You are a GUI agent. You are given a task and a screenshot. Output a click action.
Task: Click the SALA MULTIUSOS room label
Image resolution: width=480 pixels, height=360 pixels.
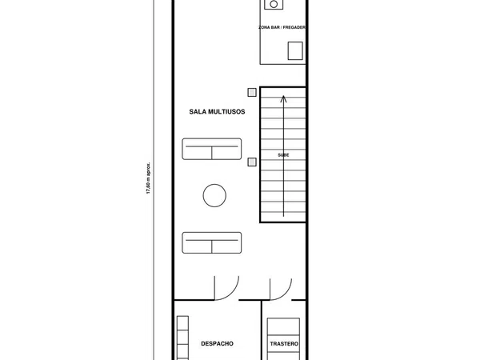pos(217,112)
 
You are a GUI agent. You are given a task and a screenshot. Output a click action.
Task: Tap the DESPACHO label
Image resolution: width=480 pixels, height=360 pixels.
pos(217,344)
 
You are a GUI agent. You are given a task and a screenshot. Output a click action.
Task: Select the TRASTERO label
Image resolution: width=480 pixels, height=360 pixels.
pos(284,344)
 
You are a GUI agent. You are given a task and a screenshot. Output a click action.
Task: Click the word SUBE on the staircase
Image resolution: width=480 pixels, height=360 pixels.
pos(283,155)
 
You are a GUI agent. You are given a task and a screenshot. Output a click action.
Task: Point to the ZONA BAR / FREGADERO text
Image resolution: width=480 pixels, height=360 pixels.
pos(282,27)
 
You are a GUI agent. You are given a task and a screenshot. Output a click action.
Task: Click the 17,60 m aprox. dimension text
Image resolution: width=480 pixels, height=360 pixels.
pos(148,178)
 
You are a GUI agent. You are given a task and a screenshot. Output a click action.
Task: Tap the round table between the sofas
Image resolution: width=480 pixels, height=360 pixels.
pos(214,196)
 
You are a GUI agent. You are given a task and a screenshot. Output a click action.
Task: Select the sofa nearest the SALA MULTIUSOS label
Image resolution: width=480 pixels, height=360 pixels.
pos(212,149)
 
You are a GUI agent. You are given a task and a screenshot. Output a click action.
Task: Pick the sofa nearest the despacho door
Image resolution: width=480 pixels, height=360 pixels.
pos(212,242)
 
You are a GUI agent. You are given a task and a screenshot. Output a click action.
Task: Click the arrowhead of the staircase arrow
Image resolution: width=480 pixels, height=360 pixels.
pos(283,98)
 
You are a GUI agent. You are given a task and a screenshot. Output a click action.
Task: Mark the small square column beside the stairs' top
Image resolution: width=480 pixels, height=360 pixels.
pos(252,93)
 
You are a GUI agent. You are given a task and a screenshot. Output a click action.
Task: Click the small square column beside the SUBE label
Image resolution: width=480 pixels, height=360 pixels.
pos(252,162)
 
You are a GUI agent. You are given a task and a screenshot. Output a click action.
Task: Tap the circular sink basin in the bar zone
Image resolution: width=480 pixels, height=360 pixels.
pos(274,4)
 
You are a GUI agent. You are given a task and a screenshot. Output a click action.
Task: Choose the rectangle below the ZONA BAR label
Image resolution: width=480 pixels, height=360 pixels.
pos(295,51)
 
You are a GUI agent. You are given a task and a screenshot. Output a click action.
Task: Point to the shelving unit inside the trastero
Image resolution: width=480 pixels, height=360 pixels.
pos(283,339)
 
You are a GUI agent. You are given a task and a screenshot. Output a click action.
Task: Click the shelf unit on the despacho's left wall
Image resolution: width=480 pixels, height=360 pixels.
pos(182,338)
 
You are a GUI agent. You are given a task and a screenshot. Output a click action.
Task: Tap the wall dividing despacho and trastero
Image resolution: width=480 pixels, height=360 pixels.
pos(262,330)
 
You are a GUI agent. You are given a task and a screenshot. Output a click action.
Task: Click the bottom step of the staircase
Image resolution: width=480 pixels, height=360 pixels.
pos(283,217)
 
